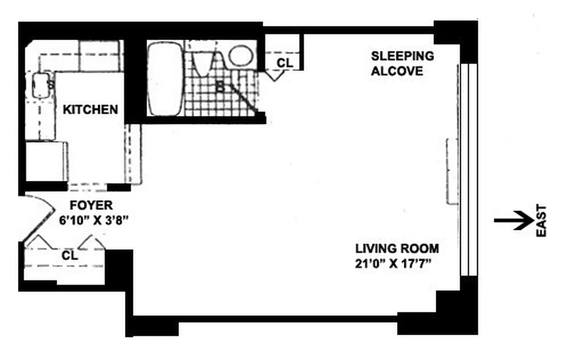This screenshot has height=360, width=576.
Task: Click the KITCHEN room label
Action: coord(90,109)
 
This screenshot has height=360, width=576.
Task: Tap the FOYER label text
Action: coord(91,206)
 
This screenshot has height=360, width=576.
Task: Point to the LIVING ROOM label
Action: coord(397,248)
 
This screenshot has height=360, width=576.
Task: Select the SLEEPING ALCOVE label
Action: coord(402,63)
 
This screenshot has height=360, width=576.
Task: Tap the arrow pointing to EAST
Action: coord(513,220)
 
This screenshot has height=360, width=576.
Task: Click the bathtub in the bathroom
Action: coord(165,79)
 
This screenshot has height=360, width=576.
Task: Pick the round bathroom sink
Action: coord(240,55)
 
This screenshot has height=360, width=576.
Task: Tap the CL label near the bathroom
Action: coord(284,63)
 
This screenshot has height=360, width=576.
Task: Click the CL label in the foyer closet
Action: coord(70,256)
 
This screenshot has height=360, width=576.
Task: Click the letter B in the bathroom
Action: coord(220,87)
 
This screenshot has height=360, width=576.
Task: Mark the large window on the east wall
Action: coord(468,170)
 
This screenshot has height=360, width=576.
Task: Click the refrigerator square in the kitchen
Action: coord(45,161)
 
